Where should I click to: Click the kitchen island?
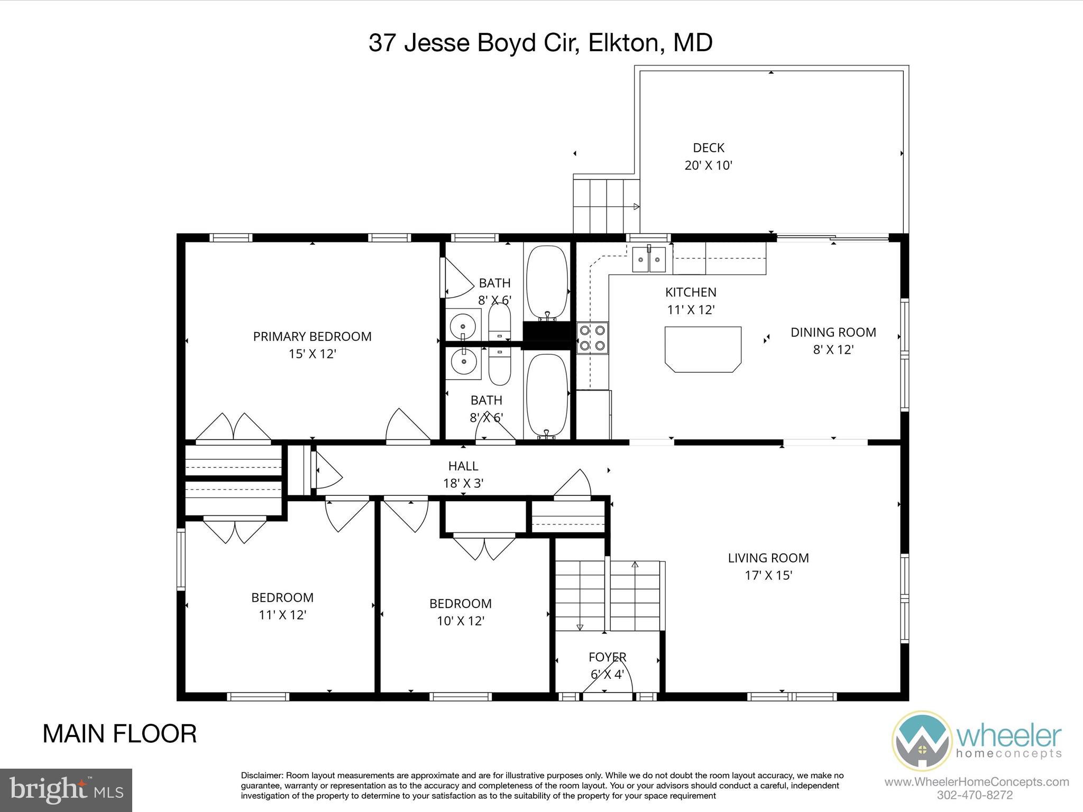703,349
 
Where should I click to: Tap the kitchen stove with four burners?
592,338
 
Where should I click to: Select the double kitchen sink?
649,259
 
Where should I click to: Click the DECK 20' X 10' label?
708,156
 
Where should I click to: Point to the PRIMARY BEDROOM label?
312,344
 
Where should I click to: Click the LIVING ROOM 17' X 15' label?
768,566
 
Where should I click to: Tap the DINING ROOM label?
833,340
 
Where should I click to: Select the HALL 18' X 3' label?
463,474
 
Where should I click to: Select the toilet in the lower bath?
499,365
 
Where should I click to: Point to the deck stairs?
606,206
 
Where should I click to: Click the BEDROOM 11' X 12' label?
282,606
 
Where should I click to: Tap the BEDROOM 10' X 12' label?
460,612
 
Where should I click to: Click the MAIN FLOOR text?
120,734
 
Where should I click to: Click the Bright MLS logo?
66,790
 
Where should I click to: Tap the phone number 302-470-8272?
974,795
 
